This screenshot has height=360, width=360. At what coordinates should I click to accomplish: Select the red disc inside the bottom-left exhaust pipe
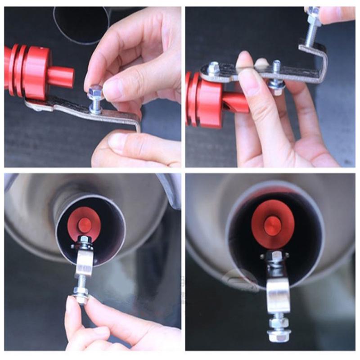click(x=84, y=224)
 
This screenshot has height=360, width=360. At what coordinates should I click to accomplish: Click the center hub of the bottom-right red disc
click(x=272, y=225)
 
